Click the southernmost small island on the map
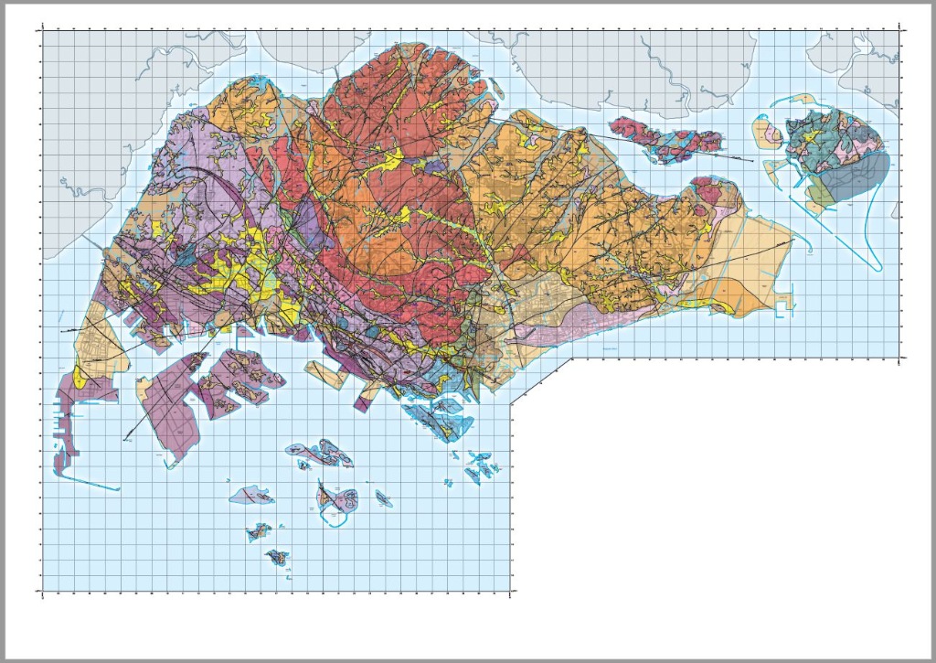pos(275,556)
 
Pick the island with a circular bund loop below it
pos(330,498)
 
